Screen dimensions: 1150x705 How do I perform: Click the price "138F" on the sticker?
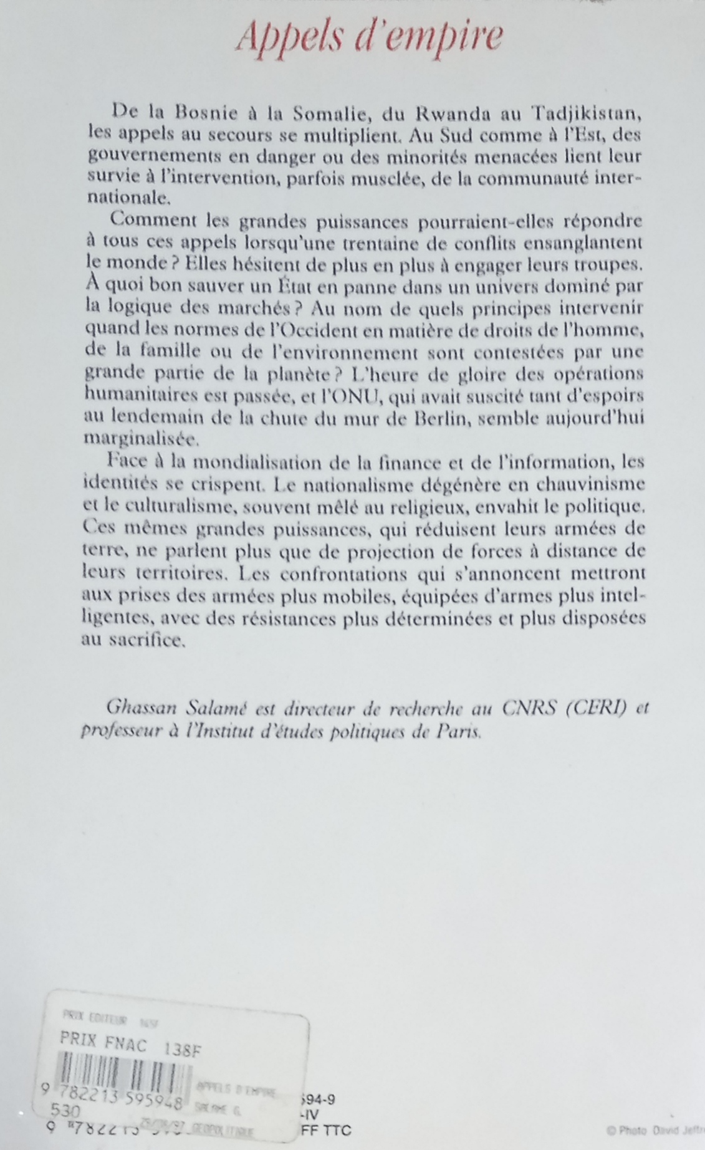tap(181, 1047)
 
